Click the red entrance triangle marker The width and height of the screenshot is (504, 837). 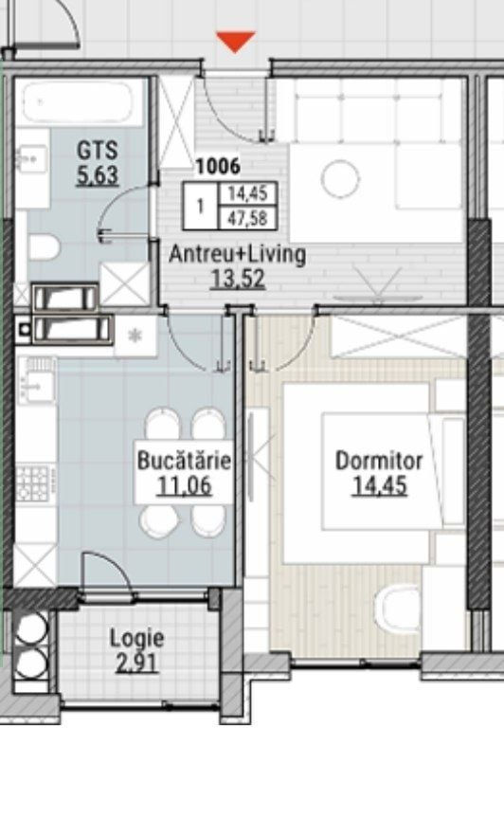235,42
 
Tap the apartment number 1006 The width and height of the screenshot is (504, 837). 218,167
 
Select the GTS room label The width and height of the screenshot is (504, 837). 97,150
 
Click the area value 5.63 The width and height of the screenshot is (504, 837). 97,175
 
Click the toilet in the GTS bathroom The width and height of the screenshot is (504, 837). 45,247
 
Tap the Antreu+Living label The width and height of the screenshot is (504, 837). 238,255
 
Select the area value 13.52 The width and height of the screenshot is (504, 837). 238,278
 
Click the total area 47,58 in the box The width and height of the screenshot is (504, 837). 247,218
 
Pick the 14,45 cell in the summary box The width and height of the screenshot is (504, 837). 247,193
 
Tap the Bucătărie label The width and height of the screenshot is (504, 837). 184,460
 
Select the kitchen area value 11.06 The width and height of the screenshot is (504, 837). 184,485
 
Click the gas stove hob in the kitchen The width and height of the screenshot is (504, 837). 32,483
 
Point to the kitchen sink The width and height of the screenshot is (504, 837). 36,381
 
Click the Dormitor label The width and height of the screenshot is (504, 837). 379,460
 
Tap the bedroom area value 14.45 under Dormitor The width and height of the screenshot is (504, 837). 379,485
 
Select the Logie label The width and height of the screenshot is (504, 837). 136,638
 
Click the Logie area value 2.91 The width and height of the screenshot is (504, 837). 136,663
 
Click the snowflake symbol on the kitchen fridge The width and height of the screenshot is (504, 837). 135,336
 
